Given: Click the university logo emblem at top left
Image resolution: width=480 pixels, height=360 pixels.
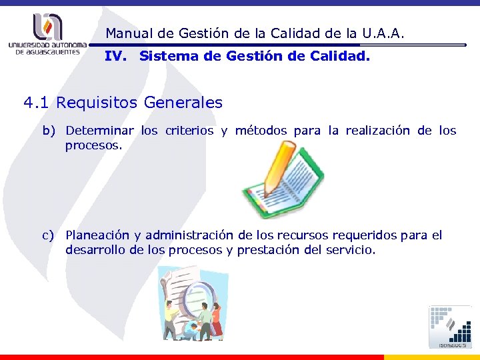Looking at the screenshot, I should click(47, 25).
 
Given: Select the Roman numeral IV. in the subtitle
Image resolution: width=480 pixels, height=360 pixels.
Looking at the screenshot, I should click(116, 57).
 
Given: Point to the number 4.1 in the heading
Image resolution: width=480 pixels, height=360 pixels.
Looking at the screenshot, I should click(37, 103).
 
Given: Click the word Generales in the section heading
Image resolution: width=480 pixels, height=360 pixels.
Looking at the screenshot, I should click(181, 103).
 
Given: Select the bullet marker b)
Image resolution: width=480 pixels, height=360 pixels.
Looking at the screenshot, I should click(49, 131).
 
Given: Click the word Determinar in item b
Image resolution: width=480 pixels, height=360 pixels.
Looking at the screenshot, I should click(100, 131).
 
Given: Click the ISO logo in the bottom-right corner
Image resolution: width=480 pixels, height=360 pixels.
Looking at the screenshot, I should click(451, 326).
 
